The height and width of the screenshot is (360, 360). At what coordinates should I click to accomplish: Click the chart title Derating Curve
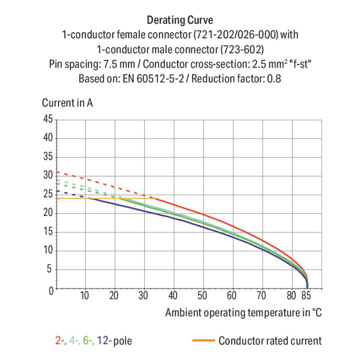(x=180, y=20)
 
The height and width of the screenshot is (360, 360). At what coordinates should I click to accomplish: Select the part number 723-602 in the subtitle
(x=241, y=49)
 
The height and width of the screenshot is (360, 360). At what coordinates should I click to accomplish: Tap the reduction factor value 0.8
(x=274, y=78)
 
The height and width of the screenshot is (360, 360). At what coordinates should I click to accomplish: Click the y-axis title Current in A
(x=67, y=103)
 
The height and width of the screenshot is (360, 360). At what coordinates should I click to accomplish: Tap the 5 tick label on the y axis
(x=50, y=270)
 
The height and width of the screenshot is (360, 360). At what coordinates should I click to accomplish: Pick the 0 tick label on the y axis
(x=50, y=289)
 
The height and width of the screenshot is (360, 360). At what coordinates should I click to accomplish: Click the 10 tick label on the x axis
(x=85, y=296)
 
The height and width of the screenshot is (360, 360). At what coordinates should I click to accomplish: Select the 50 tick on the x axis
(x=203, y=296)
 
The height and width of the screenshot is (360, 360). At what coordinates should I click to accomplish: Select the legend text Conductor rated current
(x=270, y=341)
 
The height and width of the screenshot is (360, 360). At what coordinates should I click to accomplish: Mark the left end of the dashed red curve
(x=57, y=172)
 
